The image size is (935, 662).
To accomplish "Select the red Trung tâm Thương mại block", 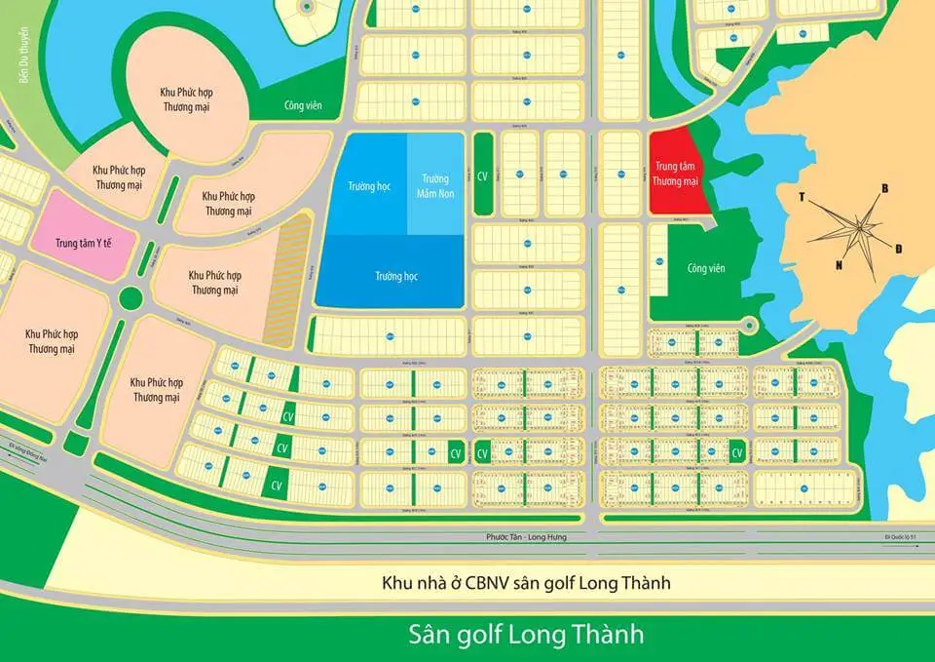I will [679, 173].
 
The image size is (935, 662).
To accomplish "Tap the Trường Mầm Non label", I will [434, 185].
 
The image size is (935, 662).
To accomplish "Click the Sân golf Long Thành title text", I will [526, 635].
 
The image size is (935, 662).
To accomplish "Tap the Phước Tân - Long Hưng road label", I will [526, 538].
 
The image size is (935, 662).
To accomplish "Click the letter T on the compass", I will [803, 196].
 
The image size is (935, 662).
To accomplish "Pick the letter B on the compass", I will [884, 187].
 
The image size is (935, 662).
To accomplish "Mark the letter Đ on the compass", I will [898, 250].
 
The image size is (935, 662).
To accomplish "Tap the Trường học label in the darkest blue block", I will [395, 276].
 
